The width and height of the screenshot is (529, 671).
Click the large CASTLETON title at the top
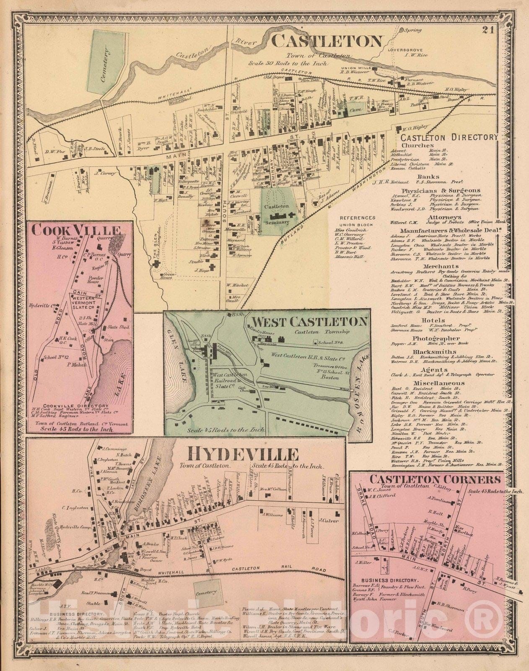327,41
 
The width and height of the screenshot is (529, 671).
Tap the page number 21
487,30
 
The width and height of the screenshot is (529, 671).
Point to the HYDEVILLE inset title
243,454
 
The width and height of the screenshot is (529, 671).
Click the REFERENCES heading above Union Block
358,218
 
